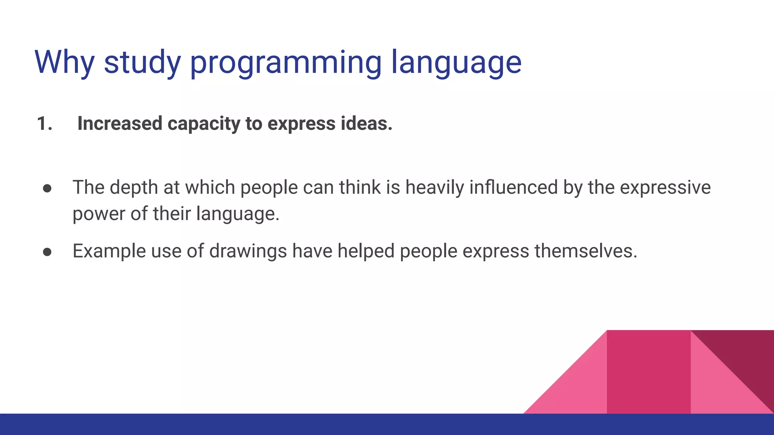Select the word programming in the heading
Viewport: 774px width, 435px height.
(x=286, y=63)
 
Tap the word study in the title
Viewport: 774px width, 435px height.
(x=142, y=63)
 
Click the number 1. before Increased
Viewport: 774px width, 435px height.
(x=45, y=124)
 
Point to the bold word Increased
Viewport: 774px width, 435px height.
(x=120, y=124)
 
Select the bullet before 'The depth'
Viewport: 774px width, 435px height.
(x=47, y=188)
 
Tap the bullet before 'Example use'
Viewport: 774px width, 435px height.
(x=47, y=252)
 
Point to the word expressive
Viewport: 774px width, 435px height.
(x=665, y=188)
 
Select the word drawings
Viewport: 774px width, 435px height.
(x=248, y=251)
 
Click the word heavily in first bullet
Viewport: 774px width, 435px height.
(x=435, y=188)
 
